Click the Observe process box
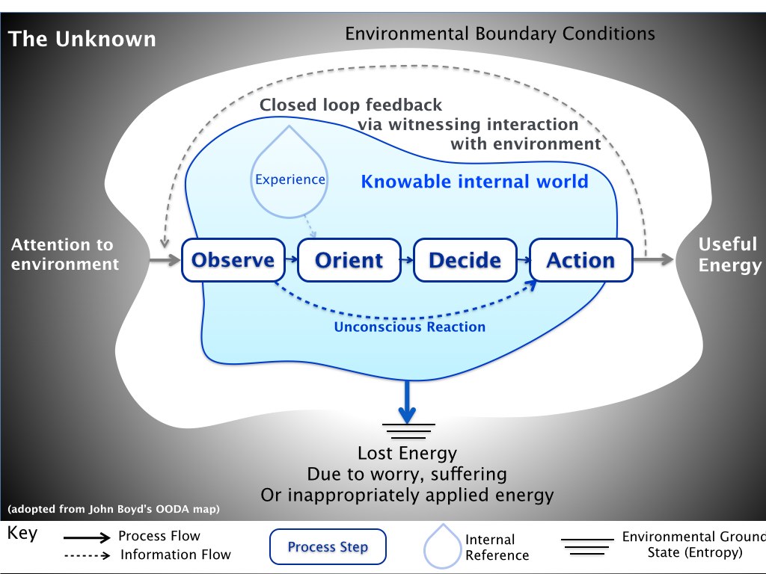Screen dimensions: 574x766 pos(233,260)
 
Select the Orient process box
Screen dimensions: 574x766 pos(349,260)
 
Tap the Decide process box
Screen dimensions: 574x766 pos(465,260)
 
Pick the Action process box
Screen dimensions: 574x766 pos(580,260)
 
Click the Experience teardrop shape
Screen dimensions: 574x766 pos(289,176)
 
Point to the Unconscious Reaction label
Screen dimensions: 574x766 pos(409,327)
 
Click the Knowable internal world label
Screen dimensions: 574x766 pos(474,182)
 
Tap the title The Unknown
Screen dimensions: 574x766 pos(82,39)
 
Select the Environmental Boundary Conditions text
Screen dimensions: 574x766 pos(500,34)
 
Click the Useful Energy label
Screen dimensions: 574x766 pos(729,255)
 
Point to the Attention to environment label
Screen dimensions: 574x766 pos(64,254)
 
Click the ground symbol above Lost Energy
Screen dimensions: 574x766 pos(408,432)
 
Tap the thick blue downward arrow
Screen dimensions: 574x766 pos(407,401)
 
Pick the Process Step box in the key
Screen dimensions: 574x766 pos(328,547)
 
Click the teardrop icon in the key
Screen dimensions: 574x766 pos(441,546)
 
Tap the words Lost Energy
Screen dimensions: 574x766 pos(407,453)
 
